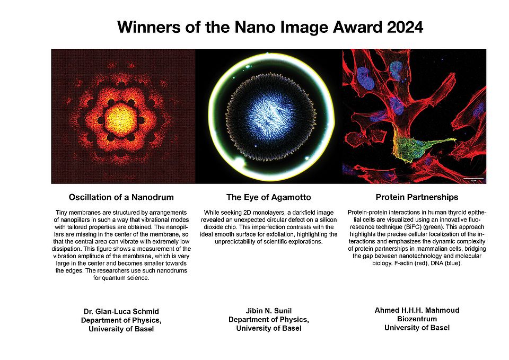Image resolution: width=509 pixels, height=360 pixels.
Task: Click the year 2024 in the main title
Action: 405,27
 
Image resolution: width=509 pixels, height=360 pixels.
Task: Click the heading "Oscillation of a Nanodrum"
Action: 121,197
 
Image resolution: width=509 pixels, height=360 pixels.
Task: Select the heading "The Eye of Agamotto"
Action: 268,197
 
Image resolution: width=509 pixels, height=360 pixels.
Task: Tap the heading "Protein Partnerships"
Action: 417,197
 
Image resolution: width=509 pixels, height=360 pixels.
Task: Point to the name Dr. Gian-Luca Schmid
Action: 121,311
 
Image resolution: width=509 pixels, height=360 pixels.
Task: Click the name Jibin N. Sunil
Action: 268,311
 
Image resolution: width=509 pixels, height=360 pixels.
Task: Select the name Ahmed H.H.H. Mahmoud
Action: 417,310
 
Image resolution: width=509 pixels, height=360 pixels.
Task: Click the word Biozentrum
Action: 417,319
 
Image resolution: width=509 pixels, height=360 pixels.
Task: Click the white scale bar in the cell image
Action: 473,179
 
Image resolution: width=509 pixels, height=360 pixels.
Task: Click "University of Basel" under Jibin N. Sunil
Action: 268,328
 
